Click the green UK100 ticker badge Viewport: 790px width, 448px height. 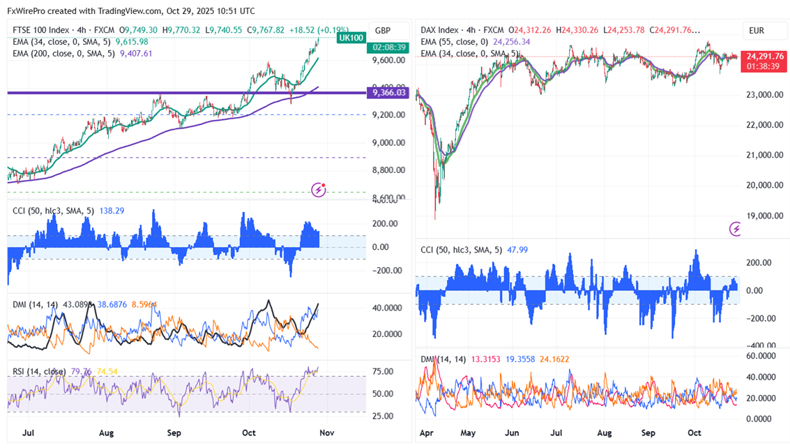click(x=351, y=38)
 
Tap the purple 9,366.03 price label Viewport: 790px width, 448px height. click(x=389, y=92)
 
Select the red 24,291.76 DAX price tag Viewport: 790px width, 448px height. click(x=765, y=56)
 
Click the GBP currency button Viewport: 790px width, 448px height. click(x=382, y=30)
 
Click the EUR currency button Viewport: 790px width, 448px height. click(x=757, y=30)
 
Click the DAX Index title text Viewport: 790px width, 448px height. click(x=440, y=30)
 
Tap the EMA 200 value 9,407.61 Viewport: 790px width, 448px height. click(x=137, y=52)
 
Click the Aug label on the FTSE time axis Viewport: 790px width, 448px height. click(x=105, y=433)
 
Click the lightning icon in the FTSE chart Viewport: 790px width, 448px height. click(x=319, y=188)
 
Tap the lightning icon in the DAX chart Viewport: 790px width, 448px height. click(x=736, y=228)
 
